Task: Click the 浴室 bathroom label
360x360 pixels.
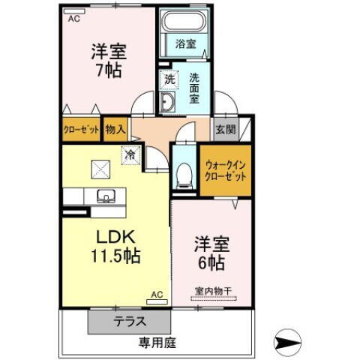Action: coord(185,44)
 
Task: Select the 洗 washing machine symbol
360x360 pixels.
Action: coord(170,76)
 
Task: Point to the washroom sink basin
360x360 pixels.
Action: coord(168,103)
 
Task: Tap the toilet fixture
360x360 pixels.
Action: coord(183,175)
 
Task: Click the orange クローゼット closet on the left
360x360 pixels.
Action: coord(80,129)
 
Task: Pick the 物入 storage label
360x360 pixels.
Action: coord(115,128)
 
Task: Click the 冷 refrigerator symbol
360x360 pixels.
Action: coord(130,155)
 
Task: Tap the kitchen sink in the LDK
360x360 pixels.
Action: coord(104,196)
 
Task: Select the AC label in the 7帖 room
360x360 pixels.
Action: coord(73,19)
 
